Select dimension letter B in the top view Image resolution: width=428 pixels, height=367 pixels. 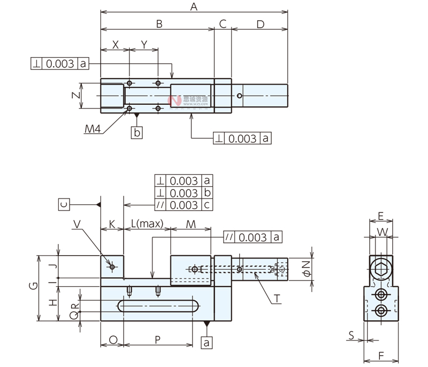pyautogui.click(x=158, y=24)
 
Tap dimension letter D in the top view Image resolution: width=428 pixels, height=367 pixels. pyautogui.click(x=260, y=24)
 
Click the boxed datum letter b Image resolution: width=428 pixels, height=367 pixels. pyautogui.click(x=137, y=132)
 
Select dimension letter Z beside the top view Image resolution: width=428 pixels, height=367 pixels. pyautogui.click(x=75, y=95)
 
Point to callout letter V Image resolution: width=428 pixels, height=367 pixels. pyautogui.click(x=78, y=225)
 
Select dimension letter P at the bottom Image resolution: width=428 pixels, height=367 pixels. pyautogui.click(x=158, y=340)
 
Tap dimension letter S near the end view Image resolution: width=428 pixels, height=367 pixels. pyautogui.click(x=350, y=335)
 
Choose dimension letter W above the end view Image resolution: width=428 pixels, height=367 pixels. pyautogui.click(x=381, y=232)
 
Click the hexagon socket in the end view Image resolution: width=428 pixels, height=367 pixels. pyautogui.click(x=381, y=270)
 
